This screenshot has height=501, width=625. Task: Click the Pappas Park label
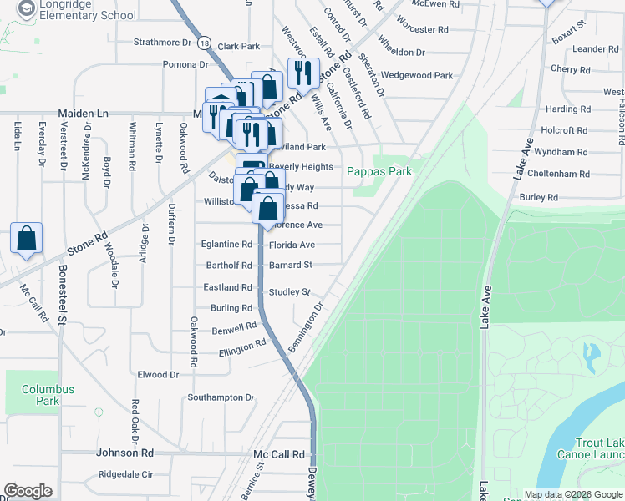coord(379,170)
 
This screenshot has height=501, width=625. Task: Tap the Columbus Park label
coord(48,395)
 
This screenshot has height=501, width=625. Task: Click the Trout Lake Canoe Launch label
coord(597,448)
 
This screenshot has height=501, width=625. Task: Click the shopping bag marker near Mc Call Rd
coord(27,238)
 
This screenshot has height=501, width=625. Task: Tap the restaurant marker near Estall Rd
coord(302,73)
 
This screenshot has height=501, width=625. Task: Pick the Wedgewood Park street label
coord(416,75)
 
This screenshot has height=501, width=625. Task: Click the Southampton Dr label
coord(221,397)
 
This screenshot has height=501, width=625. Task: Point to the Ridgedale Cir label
coord(125,474)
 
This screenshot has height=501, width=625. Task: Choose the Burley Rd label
coord(538,198)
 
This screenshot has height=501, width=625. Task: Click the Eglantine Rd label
coord(226,245)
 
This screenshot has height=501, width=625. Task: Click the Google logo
coord(28,491)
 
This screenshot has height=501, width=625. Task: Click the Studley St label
coord(289,292)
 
